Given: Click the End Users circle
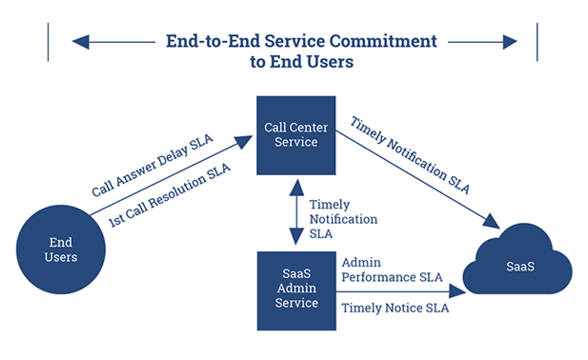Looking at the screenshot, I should click(x=61, y=249).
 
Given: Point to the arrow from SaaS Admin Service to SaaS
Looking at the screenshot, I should click(x=400, y=292).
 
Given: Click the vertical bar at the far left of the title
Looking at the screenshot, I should click(x=47, y=42).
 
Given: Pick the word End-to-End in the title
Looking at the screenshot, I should click(x=213, y=42).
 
